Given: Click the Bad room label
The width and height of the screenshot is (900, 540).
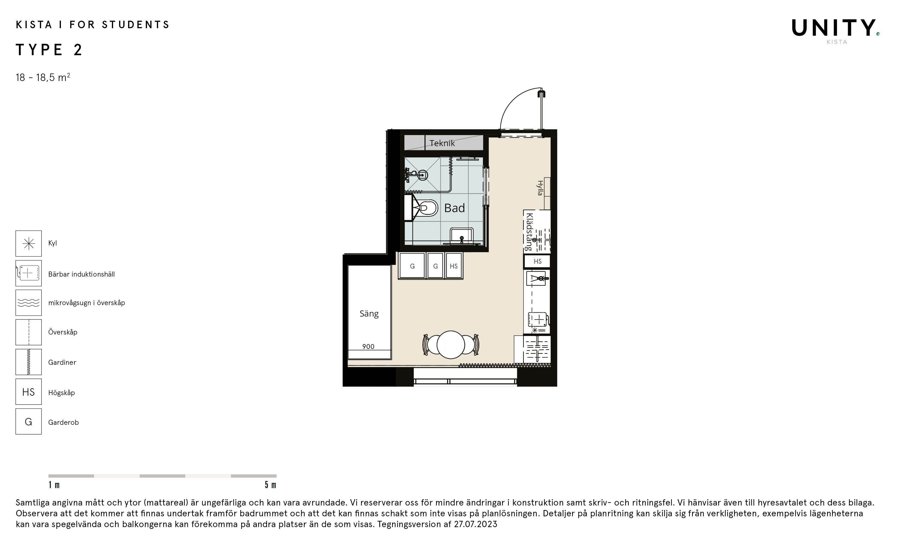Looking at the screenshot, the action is coord(454,208).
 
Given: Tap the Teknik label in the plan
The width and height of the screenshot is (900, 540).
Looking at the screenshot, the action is coord(442,143).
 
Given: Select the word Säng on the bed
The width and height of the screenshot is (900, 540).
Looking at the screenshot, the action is coord(369,314).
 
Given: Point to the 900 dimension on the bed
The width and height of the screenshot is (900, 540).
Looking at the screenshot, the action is coord(368,346).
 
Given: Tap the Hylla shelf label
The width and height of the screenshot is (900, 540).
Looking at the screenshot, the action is coord(540,188).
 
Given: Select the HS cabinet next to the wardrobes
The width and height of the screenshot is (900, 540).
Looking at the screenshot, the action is coord(454,266).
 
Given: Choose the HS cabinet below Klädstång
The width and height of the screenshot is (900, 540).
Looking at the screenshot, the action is coord(537,261).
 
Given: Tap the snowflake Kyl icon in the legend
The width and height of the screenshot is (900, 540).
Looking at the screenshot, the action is coord(28,243).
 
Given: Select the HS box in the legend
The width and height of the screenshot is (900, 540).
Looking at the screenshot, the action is coord(28,392).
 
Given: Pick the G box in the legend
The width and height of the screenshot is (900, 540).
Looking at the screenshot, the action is coord(28,422).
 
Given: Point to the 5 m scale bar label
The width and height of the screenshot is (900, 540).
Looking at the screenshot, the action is coord(270,485).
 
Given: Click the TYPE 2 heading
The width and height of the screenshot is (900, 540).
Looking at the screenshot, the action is coord(49,49).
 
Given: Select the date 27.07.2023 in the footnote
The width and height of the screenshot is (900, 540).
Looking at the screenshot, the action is coord(475,524).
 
